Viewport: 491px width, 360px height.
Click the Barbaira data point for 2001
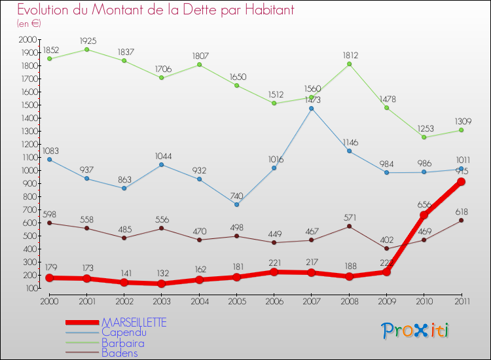point(87,49)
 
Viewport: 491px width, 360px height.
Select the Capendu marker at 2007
point(311,108)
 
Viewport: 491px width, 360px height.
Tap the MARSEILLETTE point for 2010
point(424,215)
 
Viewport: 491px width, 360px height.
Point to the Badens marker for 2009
point(386,248)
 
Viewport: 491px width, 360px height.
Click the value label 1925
point(88,41)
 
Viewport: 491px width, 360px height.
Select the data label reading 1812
point(350,55)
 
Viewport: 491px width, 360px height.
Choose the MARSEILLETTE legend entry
point(134,323)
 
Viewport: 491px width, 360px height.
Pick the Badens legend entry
point(119,353)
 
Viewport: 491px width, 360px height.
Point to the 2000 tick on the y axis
point(29,39)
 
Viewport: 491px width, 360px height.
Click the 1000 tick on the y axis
point(29,170)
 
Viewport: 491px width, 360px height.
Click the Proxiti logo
point(416,331)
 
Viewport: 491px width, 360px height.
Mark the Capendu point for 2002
point(124,188)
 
